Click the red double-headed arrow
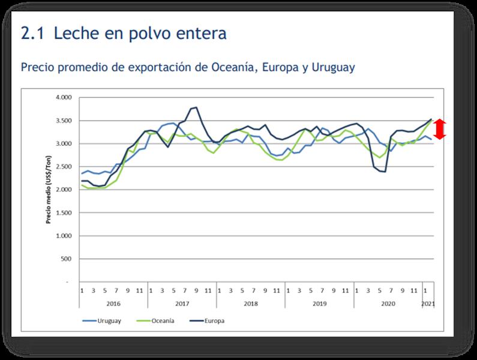440,130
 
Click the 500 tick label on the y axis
66,259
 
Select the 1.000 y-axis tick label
63,236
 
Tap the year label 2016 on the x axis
114,304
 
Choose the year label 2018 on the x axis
251,304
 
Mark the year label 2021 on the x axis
428,304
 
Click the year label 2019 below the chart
319,304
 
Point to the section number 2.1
32,34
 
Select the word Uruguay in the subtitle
333,67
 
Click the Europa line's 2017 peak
196,107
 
